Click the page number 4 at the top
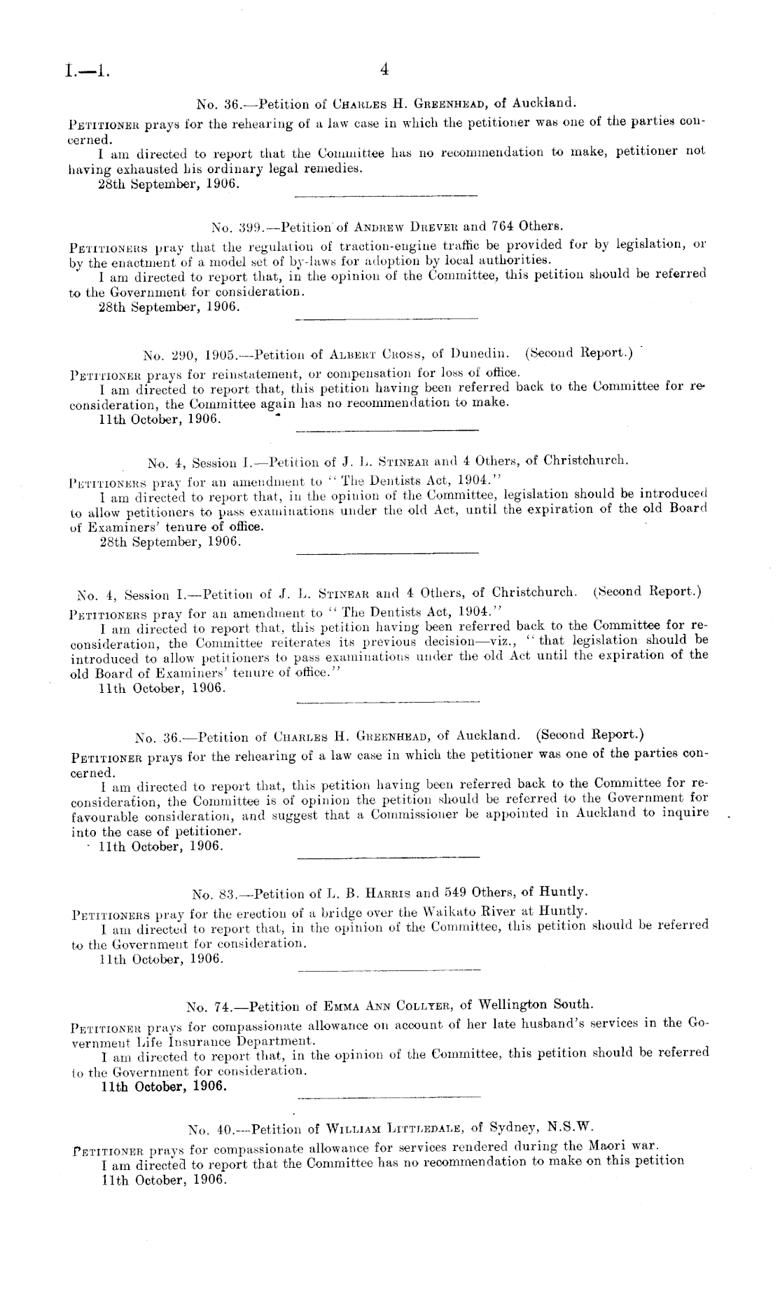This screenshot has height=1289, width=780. tap(383, 69)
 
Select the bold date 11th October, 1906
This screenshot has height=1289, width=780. tap(165, 1087)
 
